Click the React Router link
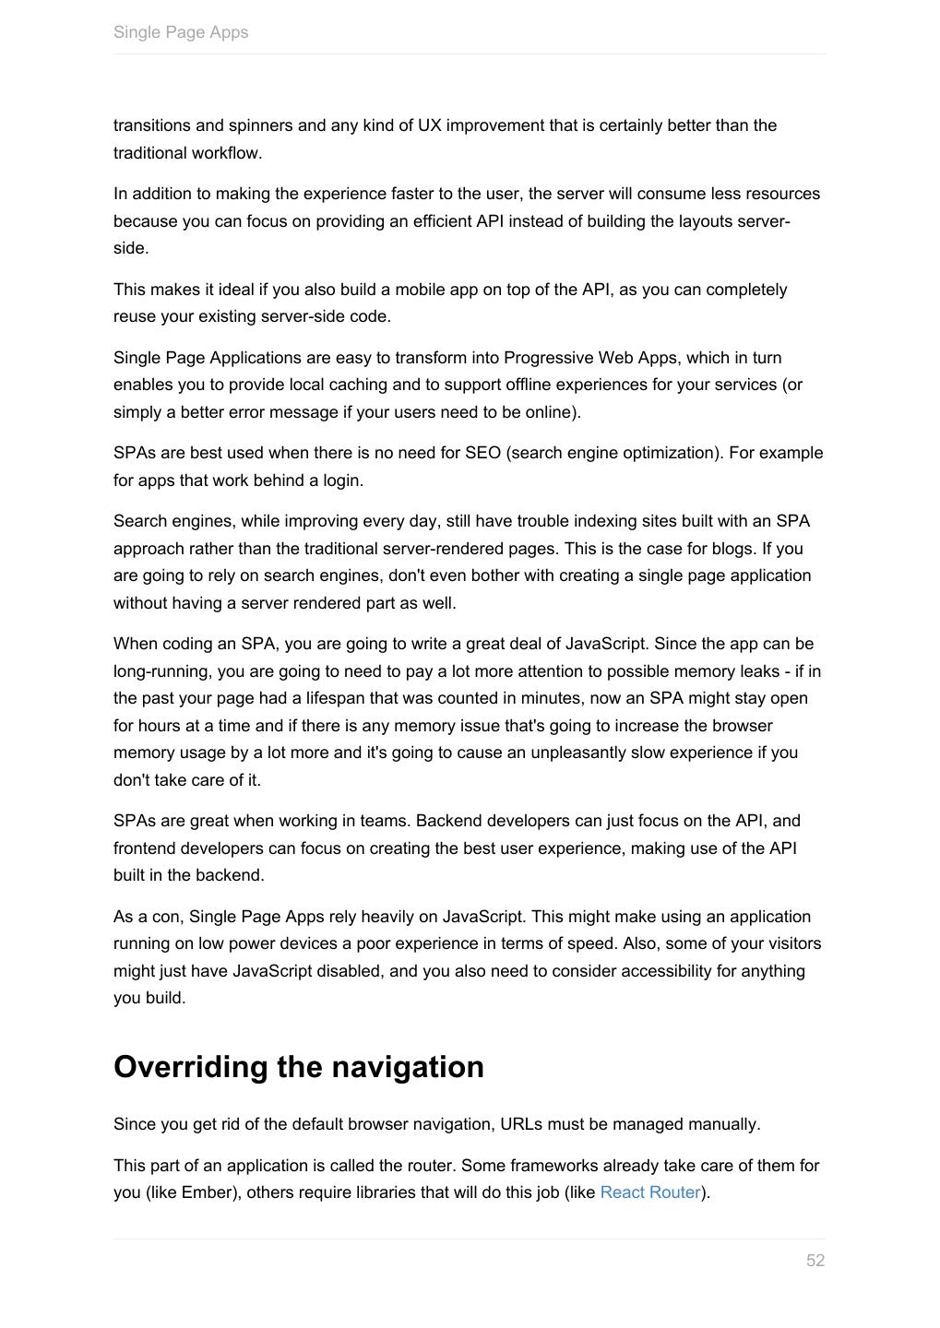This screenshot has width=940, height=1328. point(649,1192)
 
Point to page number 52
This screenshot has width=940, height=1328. point(815,1261)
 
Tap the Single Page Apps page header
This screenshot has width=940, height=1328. point(181,32)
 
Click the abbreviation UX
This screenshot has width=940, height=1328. point(429,125)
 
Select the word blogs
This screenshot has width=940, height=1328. point(732,549)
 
